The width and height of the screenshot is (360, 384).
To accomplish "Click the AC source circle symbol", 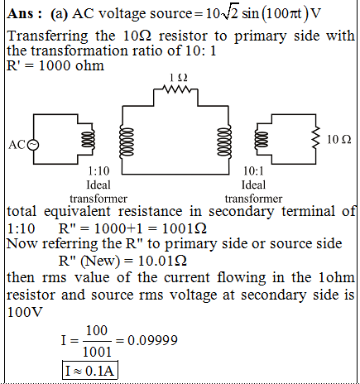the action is tap(33, 145).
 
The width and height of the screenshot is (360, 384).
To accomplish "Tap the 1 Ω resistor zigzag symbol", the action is tap(176, 89).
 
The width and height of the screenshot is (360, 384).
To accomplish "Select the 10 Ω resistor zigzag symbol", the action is tap(316, 139).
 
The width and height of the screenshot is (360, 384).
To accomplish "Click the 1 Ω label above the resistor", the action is tap(179, 78).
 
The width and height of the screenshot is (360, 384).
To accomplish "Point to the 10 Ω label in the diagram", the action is tap(339, 139).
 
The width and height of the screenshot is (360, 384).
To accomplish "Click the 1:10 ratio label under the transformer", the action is tap(98, 171).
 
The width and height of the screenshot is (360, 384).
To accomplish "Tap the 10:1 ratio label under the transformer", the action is tap(253, 171).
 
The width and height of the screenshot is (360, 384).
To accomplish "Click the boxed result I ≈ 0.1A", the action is tap(90, 370).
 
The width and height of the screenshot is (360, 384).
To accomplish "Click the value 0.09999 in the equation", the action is tap(152, 340).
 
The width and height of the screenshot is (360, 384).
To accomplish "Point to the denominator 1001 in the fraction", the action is tap(97, 352).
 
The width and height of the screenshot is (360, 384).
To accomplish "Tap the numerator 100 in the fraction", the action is tap(97, 330).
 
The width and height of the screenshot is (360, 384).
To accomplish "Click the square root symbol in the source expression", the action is tap(229, 13).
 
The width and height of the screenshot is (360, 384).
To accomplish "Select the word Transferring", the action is tap(47, 36).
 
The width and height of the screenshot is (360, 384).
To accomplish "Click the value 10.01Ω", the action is tap(162, 261).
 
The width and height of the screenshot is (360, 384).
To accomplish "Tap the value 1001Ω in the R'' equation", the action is tap(184, 228).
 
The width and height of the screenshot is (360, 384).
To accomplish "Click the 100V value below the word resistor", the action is tap(25, 312).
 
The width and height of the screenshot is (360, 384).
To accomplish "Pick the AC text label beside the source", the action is tap(17, 145).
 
